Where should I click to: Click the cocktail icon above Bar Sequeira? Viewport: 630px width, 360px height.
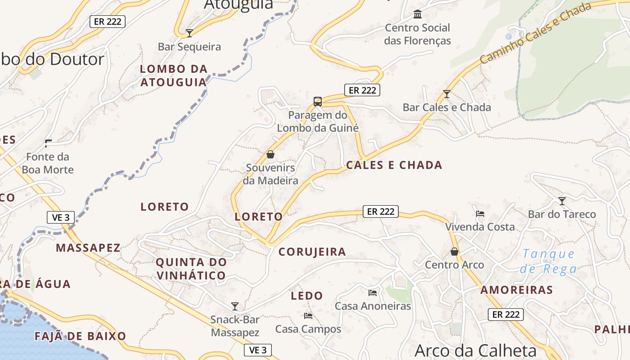click(x=189, y=33)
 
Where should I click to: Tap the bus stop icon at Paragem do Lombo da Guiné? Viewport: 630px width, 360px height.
click(x=318, y=101)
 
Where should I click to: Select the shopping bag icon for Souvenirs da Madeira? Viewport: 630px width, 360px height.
click(x=270, y=154)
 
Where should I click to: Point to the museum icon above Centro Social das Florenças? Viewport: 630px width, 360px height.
click(x=418, y=14)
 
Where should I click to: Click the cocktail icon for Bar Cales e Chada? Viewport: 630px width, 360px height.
click(x=447, y=94)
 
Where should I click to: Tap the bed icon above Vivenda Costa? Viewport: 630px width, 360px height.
click(x=480, y=214)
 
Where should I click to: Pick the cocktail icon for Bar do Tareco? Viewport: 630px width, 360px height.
click(x=562, y=201)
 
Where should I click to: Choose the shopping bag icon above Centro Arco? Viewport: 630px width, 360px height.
click(x=454, y=251)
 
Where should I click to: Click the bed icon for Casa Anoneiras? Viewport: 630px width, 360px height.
click(x=373, y=292)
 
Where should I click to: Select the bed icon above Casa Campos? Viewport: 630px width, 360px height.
click(x=308, y=315)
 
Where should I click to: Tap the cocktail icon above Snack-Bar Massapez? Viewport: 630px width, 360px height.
click(x=235, y=306)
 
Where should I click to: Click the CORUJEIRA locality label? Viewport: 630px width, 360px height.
click(x=312, y=252)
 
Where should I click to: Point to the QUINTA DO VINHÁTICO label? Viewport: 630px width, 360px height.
click(x=191, y=269)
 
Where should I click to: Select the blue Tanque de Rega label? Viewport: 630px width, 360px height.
click(x=549, y=261)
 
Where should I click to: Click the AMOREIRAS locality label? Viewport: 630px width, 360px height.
click(x=516, y=290)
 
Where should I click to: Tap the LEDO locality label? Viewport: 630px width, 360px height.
click(x=307, y=296)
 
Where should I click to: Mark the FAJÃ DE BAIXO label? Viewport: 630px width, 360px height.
click(x=81, y=336)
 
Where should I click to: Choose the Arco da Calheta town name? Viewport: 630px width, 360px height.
click(x=476, y=351)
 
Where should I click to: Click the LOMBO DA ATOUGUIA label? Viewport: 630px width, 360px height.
click(x=174, y=76)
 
